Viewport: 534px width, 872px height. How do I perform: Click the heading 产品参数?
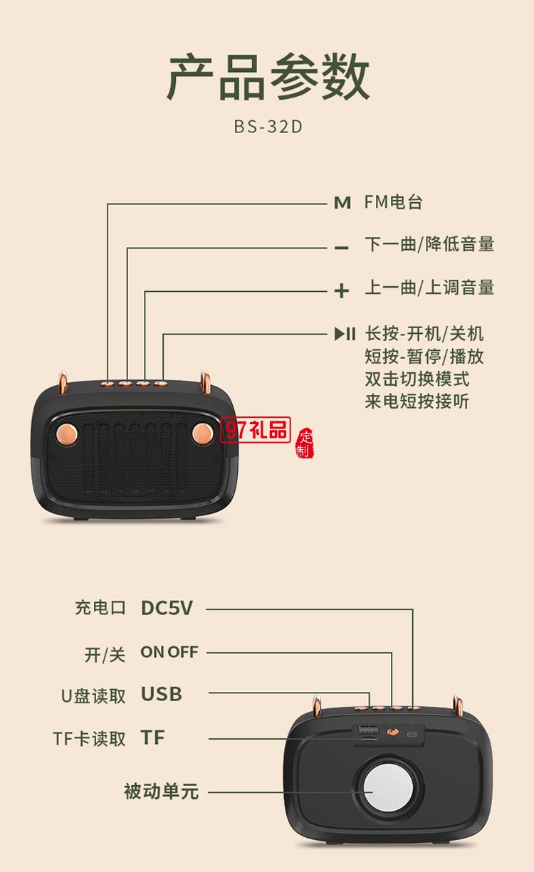pos(268,77)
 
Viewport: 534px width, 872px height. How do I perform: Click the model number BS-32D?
pos(268,127)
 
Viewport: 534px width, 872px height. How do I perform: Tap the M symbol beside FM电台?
pos(342,203)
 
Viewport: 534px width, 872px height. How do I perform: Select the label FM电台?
pos(394,202)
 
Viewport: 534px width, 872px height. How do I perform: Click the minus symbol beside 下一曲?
pos(342,247)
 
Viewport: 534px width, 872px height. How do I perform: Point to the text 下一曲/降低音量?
pos(429,244)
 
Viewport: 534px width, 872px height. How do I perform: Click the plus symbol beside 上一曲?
pos(342,290)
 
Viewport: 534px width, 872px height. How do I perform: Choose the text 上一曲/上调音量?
pos(429,288)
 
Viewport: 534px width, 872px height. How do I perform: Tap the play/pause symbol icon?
pos(345,334)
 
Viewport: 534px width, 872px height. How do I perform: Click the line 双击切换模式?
pos(417,379)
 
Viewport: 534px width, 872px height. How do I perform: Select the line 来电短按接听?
pos(417,401)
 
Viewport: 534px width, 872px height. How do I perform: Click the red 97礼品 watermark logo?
pos(257,430)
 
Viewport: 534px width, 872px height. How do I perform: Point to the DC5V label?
pos(167,608)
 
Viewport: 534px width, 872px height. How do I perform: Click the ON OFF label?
pos(169,652)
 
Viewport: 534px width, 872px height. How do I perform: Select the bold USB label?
pos(161,694)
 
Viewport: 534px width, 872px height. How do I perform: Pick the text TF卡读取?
pos(89,739)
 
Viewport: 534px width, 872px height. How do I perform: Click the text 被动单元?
pos(161,791)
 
